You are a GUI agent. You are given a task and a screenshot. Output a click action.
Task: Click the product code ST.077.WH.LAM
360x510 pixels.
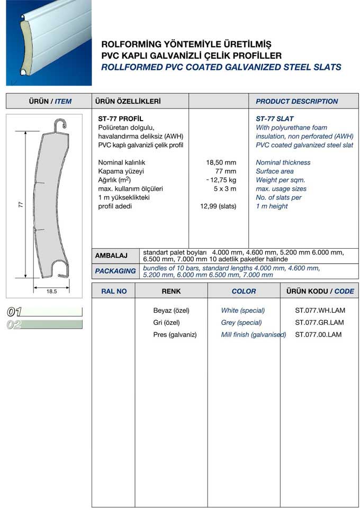point(319,311)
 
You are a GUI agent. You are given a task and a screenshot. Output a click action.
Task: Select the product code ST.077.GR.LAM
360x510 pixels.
point(319,323)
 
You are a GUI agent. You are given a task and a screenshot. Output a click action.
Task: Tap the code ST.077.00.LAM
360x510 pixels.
point(318,335)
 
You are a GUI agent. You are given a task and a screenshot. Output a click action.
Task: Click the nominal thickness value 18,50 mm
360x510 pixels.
point(221,162)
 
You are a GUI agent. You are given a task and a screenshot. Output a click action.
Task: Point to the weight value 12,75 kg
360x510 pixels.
point(222,180)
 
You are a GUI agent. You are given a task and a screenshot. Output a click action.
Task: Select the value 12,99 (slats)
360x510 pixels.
point(218,206)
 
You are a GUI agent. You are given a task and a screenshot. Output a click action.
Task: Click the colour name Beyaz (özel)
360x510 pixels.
point(171,311)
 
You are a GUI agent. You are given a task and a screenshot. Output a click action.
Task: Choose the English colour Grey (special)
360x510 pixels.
point(241,323)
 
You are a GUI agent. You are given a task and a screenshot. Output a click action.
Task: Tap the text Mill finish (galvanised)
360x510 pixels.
point(254,335)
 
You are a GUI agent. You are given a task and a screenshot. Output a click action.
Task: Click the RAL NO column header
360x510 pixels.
point(113,291)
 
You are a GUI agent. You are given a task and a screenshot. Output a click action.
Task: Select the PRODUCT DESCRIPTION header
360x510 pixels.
point(296,101)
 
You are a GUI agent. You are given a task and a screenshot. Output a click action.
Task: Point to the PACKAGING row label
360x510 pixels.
point(115,271)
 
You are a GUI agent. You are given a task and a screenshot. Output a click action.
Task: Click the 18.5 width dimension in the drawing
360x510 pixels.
point(51,291)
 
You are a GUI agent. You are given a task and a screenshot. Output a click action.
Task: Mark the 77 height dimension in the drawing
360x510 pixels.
point(20,204)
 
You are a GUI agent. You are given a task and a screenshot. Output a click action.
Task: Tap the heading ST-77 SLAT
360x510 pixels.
point(274,119)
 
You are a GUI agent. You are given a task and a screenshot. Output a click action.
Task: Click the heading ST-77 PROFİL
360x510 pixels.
point(121,119)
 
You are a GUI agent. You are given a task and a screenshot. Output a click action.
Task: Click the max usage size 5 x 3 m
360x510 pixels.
point(224,189)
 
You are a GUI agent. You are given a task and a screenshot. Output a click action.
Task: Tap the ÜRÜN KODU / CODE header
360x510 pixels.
point(320,291)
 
